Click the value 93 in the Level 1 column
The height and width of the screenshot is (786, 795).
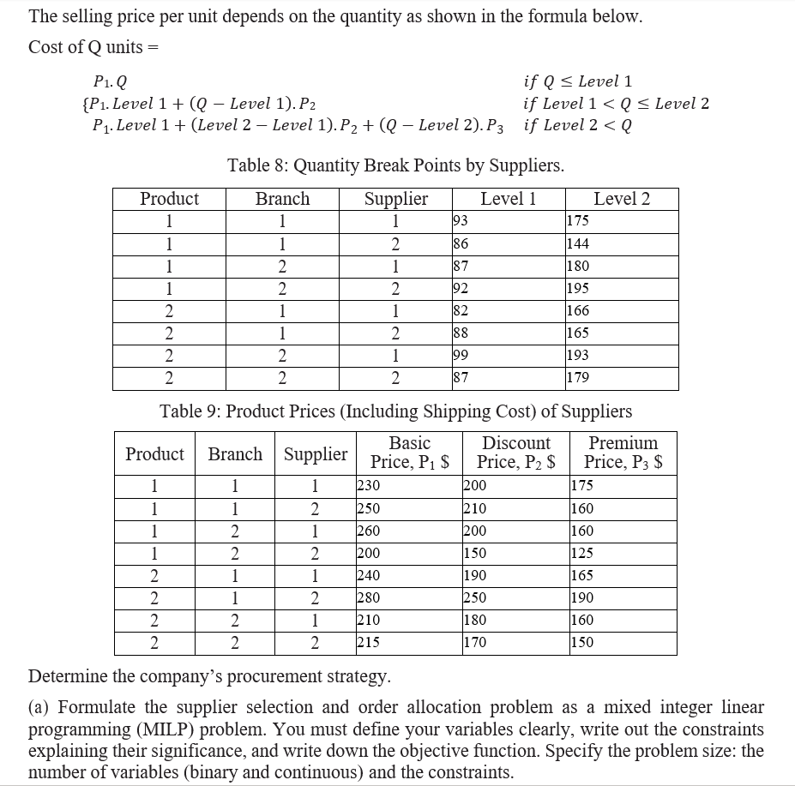tap(460, 221)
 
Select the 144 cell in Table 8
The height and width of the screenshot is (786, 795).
tap(578, 243)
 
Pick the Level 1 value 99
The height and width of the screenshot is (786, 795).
tap(460, 355)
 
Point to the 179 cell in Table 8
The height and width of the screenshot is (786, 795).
tap(578, 377)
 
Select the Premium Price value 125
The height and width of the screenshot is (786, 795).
tap(581, 553)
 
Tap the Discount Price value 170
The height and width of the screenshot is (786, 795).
tap(474, 642)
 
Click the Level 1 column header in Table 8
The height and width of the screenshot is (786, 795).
tap(508, 199)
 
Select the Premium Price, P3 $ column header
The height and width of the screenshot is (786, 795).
tap(623, 453)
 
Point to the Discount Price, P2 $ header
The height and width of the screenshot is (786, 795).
tap(515, 453)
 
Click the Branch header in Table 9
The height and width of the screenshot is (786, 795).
tap(235, 453)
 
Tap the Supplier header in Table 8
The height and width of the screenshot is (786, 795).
tap(395, 199)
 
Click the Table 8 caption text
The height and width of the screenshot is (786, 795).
tap(395, 165)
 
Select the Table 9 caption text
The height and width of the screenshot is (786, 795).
tap(395, 411)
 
